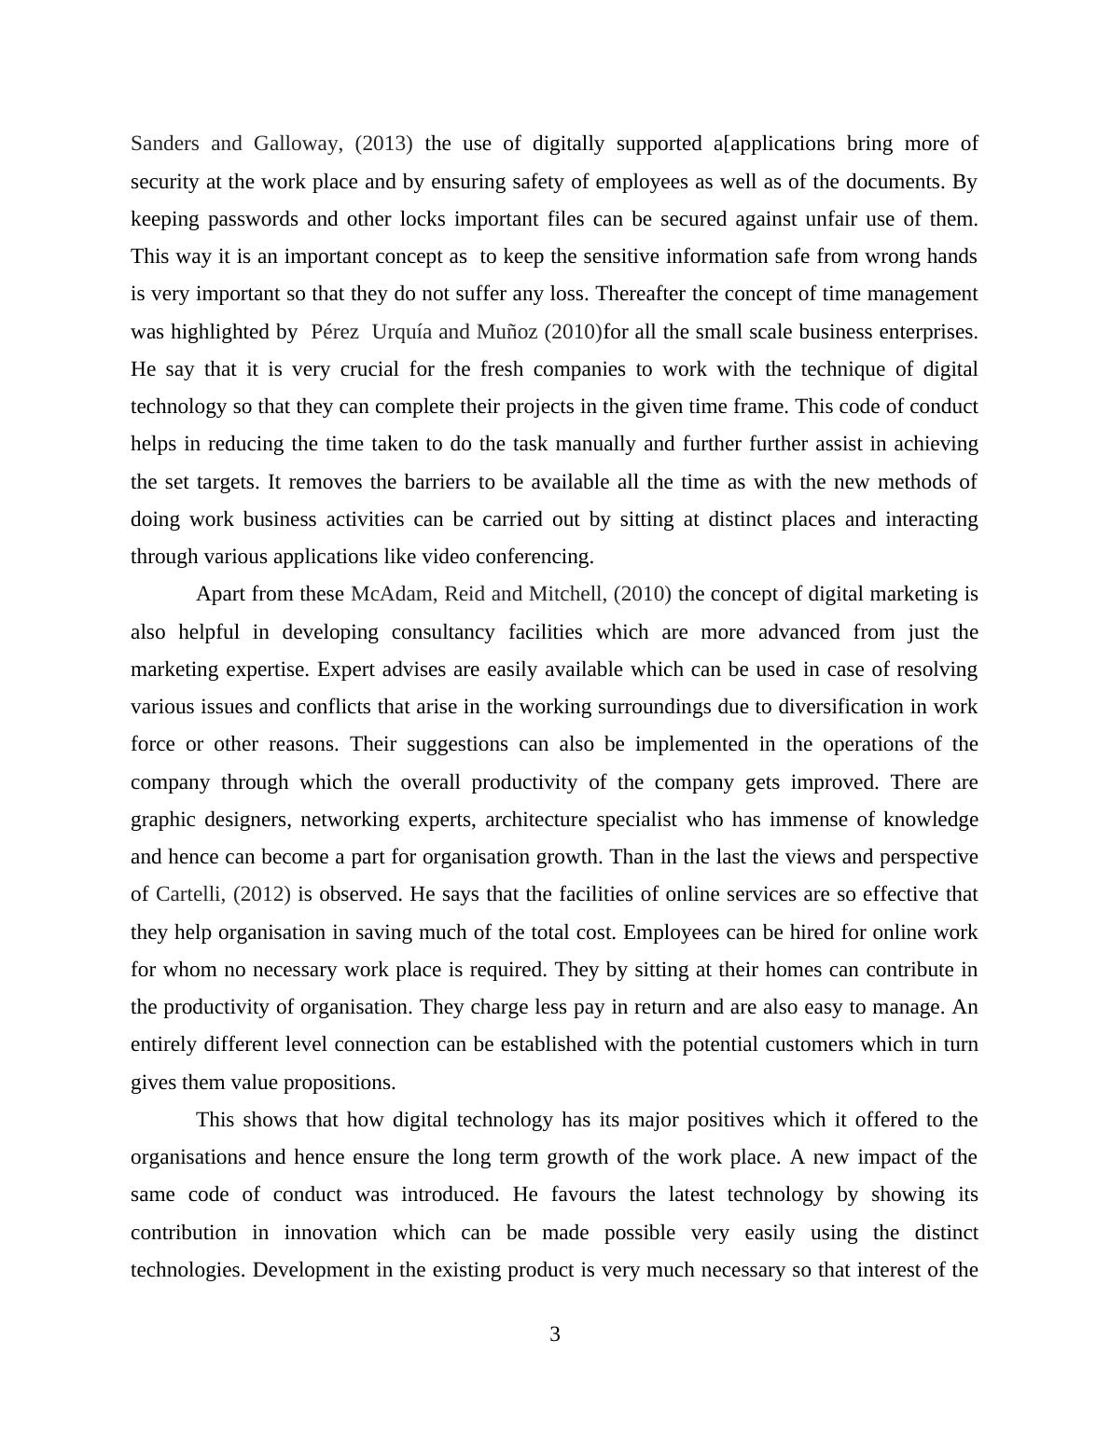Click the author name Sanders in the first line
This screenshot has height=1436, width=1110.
tap(164, 144)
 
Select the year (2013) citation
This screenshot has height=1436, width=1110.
tap(383, 144)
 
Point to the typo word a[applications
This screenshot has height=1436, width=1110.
tap(773, 144)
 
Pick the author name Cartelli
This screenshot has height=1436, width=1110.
tap(190, 894)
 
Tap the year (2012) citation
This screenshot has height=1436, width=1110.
tap(262, 894)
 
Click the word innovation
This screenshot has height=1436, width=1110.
tap(330, 1233)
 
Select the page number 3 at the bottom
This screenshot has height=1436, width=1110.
tap(555, 1334)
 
